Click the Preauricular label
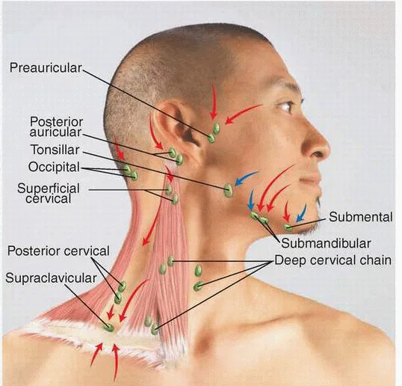46,68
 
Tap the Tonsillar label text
55,150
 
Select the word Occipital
54,167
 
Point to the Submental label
361,217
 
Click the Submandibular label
326,243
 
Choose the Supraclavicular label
51,278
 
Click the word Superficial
49,189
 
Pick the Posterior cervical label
58,251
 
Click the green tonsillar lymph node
228,190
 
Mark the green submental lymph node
288,227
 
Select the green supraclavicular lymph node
108,327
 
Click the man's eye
285,106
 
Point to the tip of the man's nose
327,150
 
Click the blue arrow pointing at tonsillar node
246,178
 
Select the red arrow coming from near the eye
243,114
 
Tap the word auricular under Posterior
55,132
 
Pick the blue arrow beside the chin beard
301,213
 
